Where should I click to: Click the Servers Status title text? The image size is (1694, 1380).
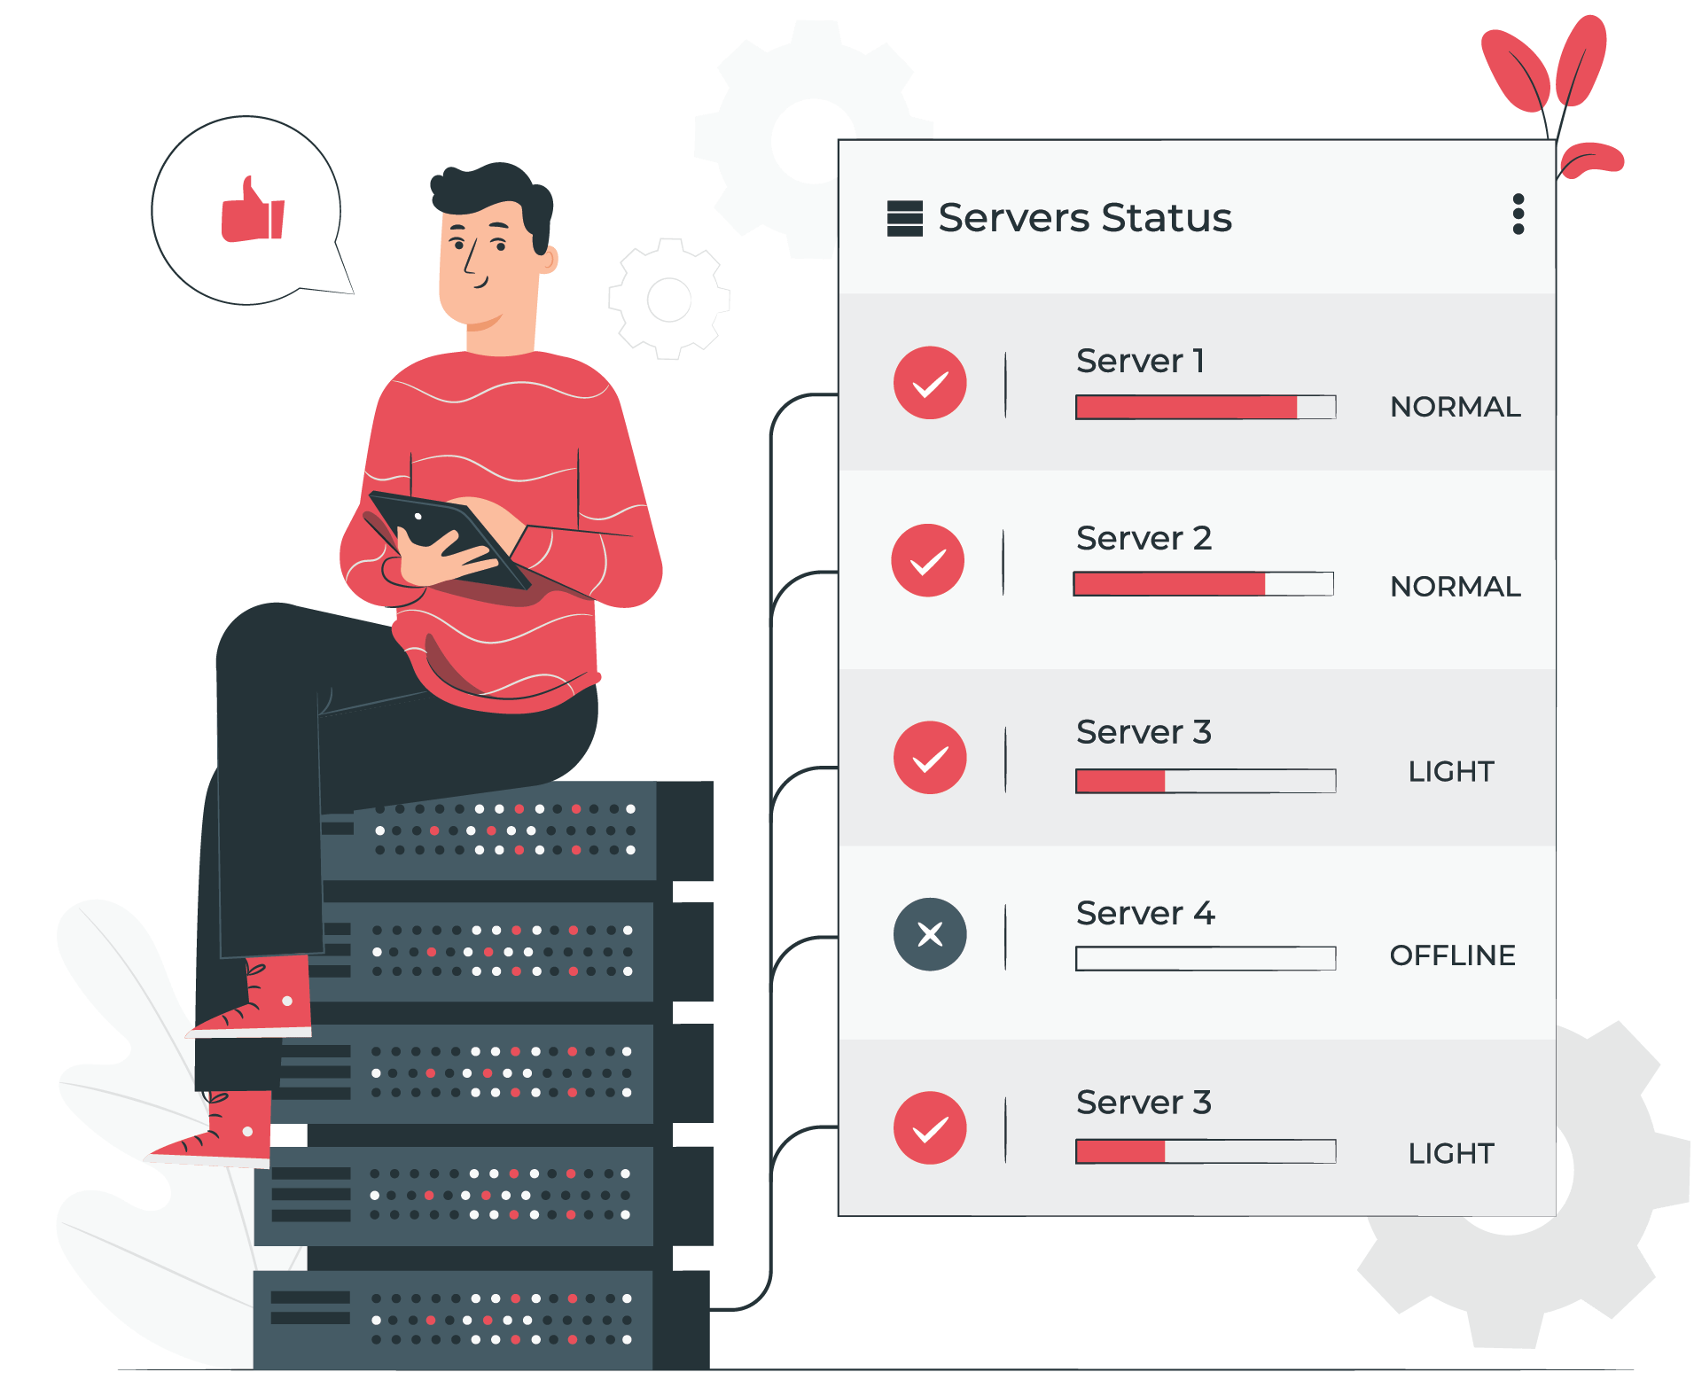click(1084, 218)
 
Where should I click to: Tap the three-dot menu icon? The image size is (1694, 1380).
click(1518, 214)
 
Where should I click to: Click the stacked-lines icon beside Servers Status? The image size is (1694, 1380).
click(905, 218)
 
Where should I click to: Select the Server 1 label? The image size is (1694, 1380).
click(1140, 361)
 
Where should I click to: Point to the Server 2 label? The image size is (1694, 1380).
click(1144, 538)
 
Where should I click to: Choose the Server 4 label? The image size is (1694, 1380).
click(1145, 913)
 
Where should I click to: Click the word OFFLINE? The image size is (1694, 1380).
click(1452, 955)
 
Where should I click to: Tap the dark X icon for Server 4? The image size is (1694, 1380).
click(930, 934)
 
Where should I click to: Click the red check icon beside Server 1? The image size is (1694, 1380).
click(930, 383)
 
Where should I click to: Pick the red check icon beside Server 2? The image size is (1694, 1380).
click(928, 560)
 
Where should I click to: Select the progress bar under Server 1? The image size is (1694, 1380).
click(1206, 407)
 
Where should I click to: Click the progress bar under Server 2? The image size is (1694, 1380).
click(1204, 584)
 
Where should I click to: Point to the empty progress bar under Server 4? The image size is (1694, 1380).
click(1206, 958)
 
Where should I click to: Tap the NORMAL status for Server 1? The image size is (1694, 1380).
click(1456, 407)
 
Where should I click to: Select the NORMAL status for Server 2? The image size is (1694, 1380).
click(1456, 587)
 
